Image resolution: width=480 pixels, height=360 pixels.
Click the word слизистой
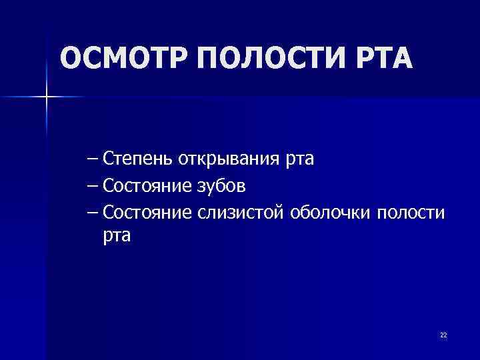click(241, 211)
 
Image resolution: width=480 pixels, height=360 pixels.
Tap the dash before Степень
click(93, 160)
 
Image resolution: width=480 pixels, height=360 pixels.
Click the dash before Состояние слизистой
click(93, 212)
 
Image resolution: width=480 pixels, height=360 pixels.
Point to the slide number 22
click(443, 335)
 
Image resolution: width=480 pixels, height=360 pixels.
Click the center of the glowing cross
click(47, 97)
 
